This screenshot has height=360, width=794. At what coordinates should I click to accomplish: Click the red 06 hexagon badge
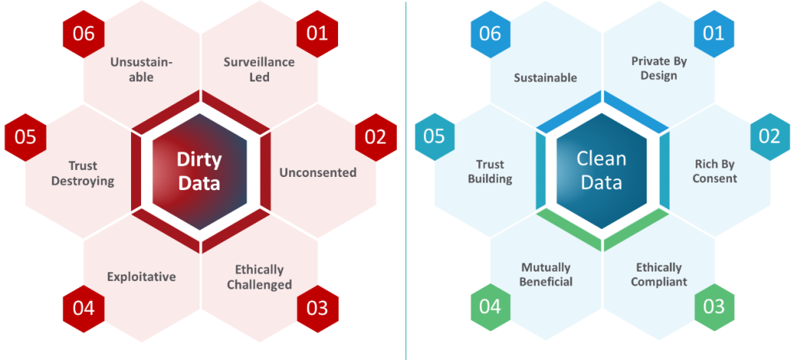84,34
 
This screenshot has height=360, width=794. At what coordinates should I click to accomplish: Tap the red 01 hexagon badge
317,34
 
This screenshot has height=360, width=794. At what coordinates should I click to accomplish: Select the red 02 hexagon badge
376,137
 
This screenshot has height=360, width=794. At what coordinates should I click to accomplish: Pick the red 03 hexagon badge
317,309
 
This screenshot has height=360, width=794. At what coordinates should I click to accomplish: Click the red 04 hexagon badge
84,309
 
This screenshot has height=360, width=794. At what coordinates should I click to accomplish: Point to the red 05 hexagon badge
26,137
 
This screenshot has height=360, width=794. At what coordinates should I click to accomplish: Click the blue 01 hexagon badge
714,34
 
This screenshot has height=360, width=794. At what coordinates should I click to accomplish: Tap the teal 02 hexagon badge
770,137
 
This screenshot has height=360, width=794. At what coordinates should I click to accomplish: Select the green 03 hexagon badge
714,306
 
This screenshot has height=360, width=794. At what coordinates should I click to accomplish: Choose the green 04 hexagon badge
490,306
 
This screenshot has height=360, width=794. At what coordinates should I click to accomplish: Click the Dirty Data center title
199,171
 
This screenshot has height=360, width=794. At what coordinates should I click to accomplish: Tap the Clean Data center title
602,171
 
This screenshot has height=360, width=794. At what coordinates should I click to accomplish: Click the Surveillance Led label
259,70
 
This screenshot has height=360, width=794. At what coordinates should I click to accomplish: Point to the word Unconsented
318,172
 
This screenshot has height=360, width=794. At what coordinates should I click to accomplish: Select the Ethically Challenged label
259,277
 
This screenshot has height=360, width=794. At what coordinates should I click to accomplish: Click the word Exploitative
142,277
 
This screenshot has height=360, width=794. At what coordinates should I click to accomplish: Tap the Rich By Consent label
714,171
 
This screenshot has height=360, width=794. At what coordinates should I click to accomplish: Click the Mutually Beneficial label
546,275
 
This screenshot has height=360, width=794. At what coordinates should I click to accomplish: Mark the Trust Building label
490,172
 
